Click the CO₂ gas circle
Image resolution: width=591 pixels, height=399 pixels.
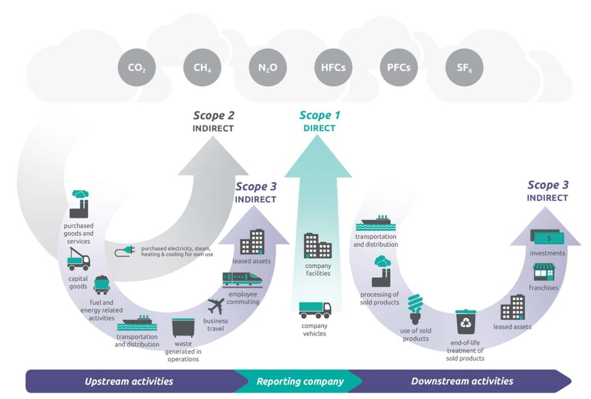click(x=136, y=68)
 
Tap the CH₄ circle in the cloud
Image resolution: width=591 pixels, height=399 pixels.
click(x=202, y=68)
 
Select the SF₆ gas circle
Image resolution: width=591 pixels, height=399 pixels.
click(x=465, y=68)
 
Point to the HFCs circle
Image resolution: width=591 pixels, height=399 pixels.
click(x=333, y=68)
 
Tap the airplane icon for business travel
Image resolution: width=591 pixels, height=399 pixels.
click(x=216, y=307)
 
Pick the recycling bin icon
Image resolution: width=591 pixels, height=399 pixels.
click(x=465, y=322)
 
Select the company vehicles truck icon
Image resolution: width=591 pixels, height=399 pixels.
click(x=315, y=310)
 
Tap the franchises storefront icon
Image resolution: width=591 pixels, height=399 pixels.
click(x=543, y=271)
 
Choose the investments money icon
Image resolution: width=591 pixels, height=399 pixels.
click(x=547, y=237)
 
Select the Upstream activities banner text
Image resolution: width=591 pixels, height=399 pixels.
click(x=129, y=381)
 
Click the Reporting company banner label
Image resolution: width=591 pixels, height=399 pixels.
click(x=300, y=381)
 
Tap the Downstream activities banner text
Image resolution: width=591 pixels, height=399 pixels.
click(x=462, y=381)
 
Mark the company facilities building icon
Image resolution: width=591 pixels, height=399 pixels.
click(x=317, y=245)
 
